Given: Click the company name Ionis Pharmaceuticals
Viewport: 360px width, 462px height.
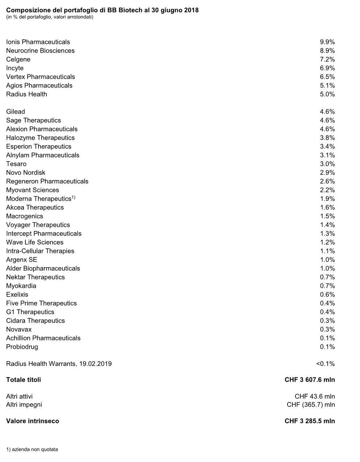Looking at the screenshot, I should pyautogui.click(x=38, y=42).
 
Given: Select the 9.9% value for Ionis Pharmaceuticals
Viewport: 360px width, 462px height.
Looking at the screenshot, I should pyautogui.click(x=327, y=42).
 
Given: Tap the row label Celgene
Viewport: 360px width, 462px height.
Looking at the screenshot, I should pyautogui.click(x=18, y=60).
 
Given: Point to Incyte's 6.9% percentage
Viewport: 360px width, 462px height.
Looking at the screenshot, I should pyautogui.click(x=327, y=68).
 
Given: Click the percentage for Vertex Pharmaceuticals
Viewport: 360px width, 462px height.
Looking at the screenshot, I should pyautogui.click(x=327, y=77).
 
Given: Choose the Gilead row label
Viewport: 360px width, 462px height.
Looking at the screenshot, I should pyautogui.click(x=16, y=112).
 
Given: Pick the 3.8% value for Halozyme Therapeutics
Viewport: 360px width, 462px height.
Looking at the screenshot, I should pyautogui.click(x=327, y=138).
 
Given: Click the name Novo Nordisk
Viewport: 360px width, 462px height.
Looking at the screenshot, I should pyautogui.click(x=26, y=173).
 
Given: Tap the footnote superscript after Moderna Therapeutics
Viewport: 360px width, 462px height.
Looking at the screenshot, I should pyautogui.click(x=73, y=197).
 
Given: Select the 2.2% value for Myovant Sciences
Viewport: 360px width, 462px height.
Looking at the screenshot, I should pyautogui.click(x=327, y=190).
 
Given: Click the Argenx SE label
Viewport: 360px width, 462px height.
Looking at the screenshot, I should pyautogui.click(x=22, y=260).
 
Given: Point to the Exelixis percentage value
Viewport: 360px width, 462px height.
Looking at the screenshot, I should pyautogui.click(x=327, y=295).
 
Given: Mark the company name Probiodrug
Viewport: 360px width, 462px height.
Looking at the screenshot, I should pyautogui.click(x=22, y=347).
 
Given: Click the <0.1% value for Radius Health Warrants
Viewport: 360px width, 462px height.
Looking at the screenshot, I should pyautogui.click(x=325, y=364).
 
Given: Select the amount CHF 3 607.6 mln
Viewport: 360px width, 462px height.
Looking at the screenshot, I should pyautogui.click(x=310, y=380).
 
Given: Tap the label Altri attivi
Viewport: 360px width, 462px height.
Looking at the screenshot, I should pyautogui.click(x=19, y=396).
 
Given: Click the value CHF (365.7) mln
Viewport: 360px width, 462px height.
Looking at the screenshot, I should pyautogui.click(x=311, y=405).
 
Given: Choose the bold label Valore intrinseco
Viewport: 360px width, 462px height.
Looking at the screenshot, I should pyautogui.click(x=33, y=421).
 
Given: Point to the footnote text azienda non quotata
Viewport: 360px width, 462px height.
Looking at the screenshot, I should pyautogui.click(x=34, y=450).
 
